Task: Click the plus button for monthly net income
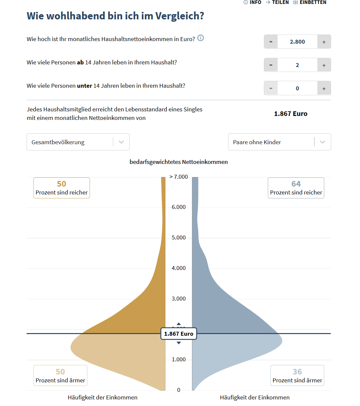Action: click(x=324, y=42)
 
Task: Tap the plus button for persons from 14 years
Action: click(x=324, y=65)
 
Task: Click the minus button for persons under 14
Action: click(x=271, y=88)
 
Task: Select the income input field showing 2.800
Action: click(x=297, y=42)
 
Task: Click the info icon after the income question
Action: click(x=201, y=38)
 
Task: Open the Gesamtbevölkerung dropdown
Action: click(x=78, y=142)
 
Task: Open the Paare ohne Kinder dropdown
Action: click(x=279, y=142)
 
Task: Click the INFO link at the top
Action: click(x=252, y=2)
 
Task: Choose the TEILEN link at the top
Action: click(x=277, y=2)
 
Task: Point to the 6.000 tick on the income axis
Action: click(x=179, y=207)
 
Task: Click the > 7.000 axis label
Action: click(x=179, y=177)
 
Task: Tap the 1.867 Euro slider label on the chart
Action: click(x=179, y=334)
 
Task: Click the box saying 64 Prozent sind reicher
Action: click(x=296, y=188)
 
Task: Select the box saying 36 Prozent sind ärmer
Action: click(x=297, y=375)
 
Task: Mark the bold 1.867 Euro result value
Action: click(x=291, y=114)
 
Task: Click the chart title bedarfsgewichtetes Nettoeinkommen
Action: click(x=179, y=162)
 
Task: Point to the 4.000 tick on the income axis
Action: click(x=179, y=268)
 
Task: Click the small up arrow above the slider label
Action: click(x=179, y=324)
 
